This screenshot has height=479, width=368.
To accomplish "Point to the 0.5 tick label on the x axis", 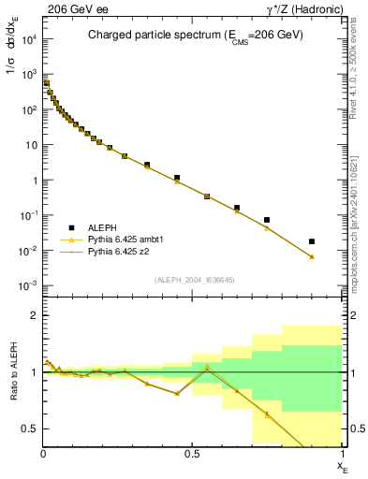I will coord(192,454).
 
